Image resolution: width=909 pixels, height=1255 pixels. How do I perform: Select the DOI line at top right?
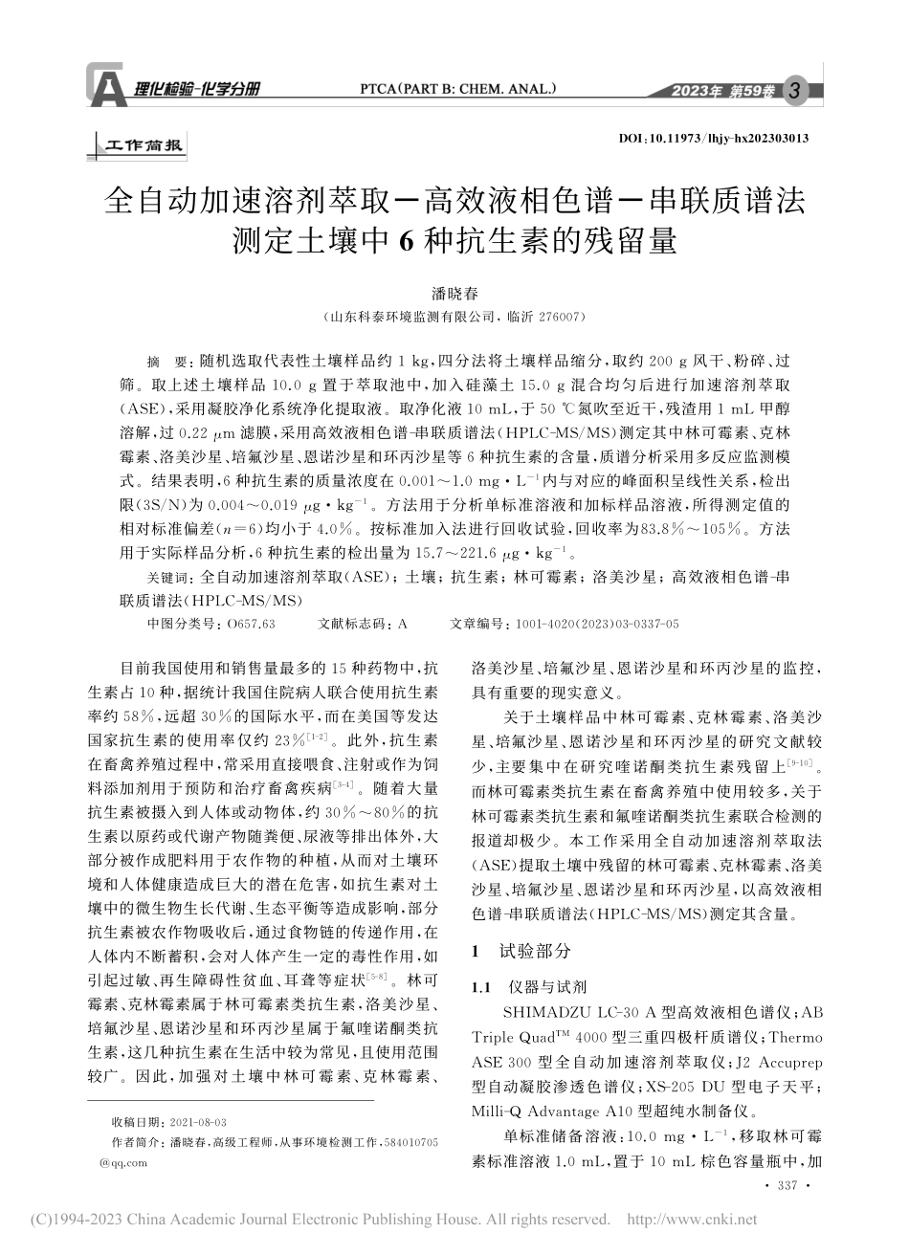point(714,139)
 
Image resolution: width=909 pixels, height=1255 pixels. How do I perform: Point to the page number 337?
point(788,1187)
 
